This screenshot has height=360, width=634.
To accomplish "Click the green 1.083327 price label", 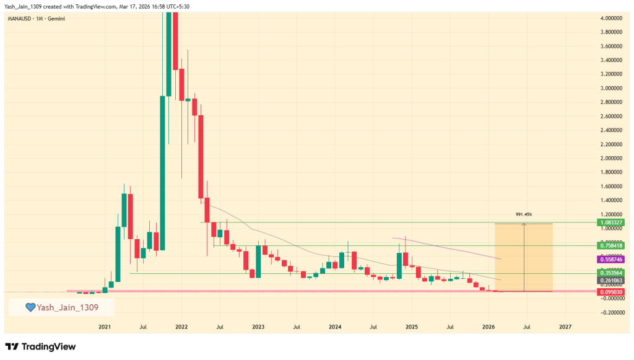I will (610, 222).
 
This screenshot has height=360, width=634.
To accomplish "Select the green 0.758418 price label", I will (610, 245).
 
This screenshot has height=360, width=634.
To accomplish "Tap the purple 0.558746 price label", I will (610, 259).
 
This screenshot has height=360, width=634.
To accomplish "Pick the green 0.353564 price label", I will (610, 273).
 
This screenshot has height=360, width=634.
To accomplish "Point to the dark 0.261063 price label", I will (610, 280).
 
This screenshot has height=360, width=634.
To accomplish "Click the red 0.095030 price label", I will (610, 291).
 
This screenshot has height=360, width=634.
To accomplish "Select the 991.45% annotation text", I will (524, 214).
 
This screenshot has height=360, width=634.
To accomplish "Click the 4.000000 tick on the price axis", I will (611, 18).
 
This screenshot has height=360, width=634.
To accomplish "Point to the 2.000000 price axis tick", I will (611, 158).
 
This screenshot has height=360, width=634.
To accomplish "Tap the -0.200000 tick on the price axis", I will (611, 312).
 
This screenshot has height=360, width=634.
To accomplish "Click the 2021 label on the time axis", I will (105, 326).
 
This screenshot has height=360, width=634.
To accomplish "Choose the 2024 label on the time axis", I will (335, 326).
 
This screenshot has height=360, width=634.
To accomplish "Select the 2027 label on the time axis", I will (565, 326).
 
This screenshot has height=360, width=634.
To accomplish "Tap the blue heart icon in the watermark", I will (29, 307).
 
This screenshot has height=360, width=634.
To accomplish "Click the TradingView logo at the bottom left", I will (41, 346).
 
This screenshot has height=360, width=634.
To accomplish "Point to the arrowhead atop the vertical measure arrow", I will (524, 224).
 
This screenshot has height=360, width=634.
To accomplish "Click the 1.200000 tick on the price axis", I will (611, 214).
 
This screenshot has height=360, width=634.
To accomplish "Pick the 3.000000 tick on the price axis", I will (611, 88).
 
